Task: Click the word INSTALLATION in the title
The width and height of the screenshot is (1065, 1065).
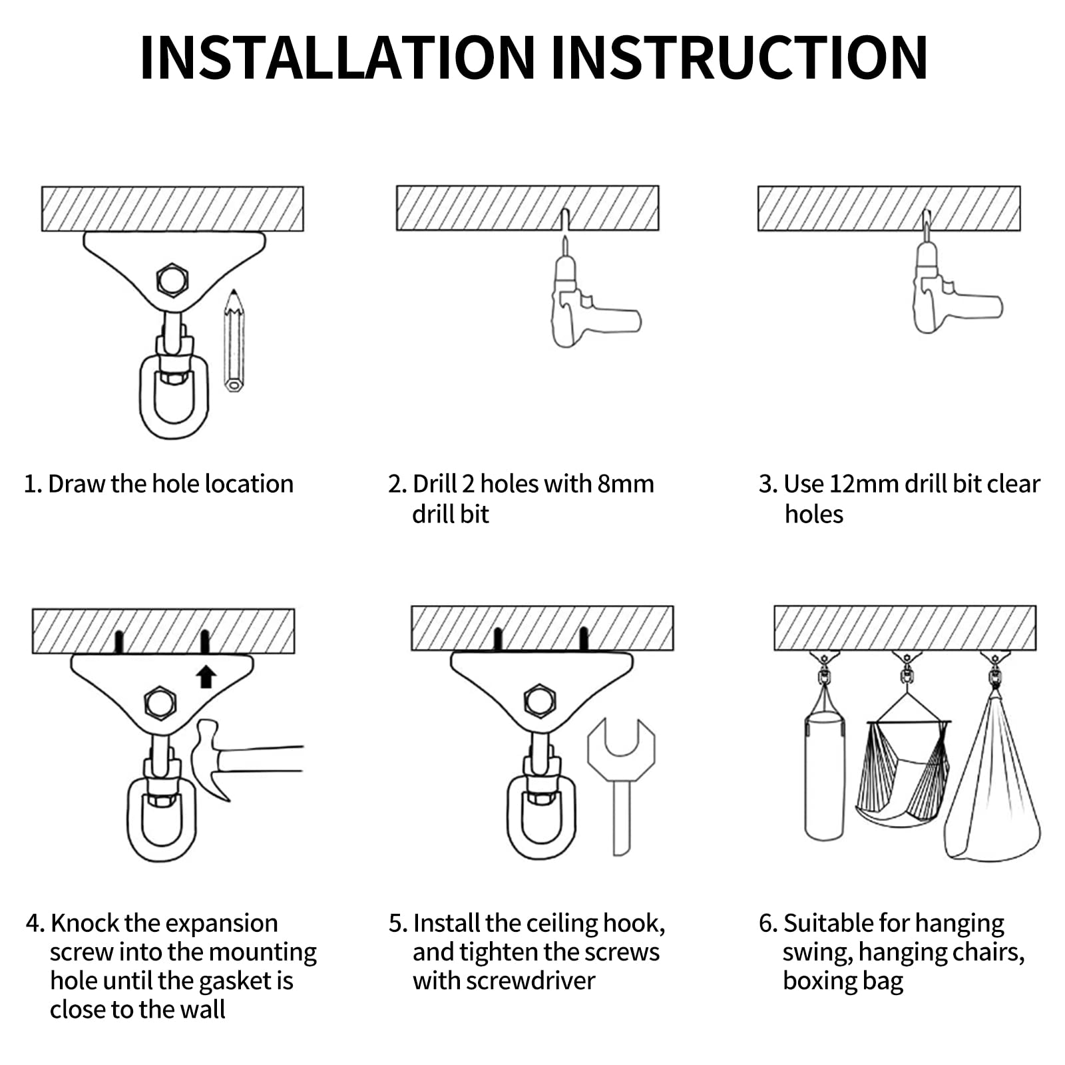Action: click(x=337, y=57)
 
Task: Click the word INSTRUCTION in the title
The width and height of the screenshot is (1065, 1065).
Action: click(x=740, y=57)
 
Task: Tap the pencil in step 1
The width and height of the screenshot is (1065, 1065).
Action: click(x=234, y=341)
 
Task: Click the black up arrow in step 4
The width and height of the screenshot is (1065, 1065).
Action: click(x=206, y=677)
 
